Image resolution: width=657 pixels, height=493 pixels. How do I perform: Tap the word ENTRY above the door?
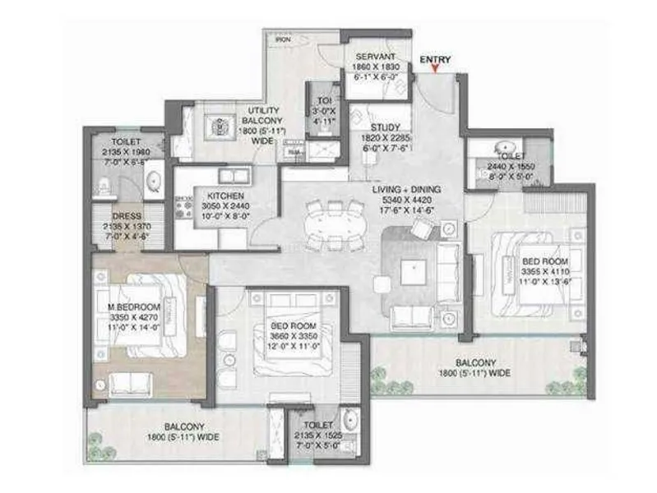point(434,59)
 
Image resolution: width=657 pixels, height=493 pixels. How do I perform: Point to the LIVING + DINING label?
point(406,190)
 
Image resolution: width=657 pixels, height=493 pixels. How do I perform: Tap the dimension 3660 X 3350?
point(293,335)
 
